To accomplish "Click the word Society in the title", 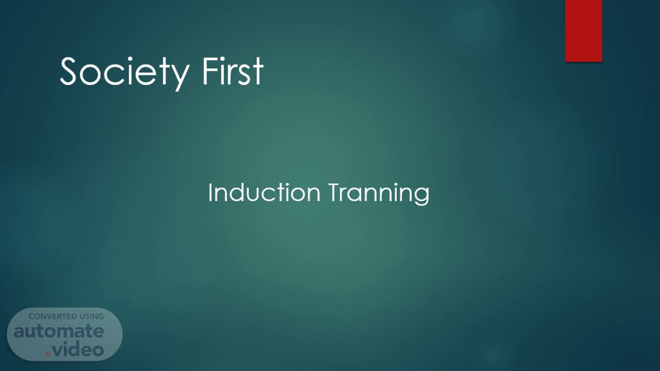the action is tap(124, 73).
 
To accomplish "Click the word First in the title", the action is tap(233, 71).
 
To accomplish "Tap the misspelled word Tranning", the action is tap(379, 194).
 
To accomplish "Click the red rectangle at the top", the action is tap(583, 31).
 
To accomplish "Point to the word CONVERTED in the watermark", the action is tap(53, 316).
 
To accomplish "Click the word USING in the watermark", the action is tap(92, 316).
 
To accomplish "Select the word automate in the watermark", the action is tap(59, 331).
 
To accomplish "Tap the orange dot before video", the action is tap(48, 353).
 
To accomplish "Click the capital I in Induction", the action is tap(210, 192).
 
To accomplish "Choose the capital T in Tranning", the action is tap(335, 192).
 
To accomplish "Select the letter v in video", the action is tap(59, 350).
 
